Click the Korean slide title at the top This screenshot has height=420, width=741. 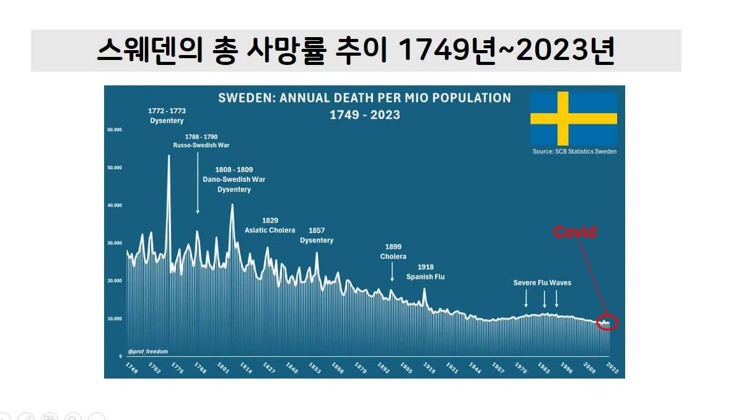point(356,51)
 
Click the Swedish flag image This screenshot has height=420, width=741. point(573,119)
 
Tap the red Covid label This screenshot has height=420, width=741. point(574,233)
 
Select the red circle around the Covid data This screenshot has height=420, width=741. point(607,322)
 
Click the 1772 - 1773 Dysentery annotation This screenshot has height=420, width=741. point(167,116)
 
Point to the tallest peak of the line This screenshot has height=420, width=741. point(169,156)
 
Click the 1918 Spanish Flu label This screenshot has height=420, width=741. point(426,272)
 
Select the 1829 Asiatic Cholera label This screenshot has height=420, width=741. point(270,225)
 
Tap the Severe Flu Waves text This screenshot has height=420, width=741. point(542,283)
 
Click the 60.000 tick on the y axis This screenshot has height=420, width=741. point(115,130)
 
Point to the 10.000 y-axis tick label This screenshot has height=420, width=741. point(115,319)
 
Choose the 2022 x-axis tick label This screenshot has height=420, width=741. point(612,368)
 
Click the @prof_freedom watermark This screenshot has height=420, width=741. point(147,351)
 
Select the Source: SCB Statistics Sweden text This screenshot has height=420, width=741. point(574,152)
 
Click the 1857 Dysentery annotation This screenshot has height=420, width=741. point(317,235)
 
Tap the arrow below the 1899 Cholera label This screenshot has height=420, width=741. point(392,272)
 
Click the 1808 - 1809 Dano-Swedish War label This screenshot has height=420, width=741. point(234,179)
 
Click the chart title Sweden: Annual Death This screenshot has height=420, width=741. point(364,98)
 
